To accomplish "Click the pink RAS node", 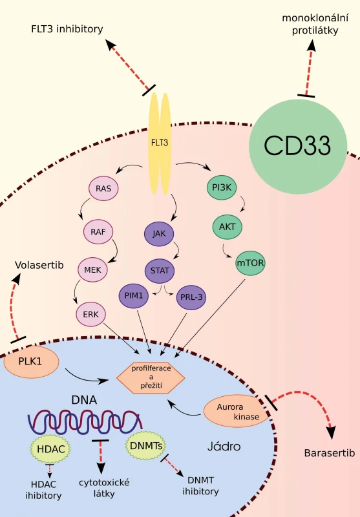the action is pyautogui.click(x=103, y=188).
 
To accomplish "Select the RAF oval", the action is pyautogui.click(x=98, y=231).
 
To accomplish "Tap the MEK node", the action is pyautogui.click(x=92, y=269).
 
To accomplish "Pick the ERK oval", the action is pyautogui.click(x=91, y=314).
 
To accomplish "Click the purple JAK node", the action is pyautogui.click(x=159, y=234).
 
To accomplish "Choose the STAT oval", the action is pyautogui.click(x=160, y=271).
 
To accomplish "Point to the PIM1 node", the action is pyautogui.click(x=134, y=296).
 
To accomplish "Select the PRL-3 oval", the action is pyautogui.click(x=191, y=297).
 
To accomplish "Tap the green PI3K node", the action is pyautogui.click(x=222, y=187).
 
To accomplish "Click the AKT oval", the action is pyautogui.click(x=227, y=227).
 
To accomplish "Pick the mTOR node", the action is pyautogui.click(x=251, y=263).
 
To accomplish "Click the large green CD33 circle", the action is pyautogui.click(x=298, y=145).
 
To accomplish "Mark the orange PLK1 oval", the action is pyautogui.click(x=31, y=362).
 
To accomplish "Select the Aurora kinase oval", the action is pyautogui.click(x=237, y=411).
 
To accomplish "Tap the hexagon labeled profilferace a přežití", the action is pyautogui.click(x=151, y=377).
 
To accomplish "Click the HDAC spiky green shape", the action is pyautogui.click(x=50, y=449).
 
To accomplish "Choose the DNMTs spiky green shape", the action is pyautogui.click(x=145, y=446).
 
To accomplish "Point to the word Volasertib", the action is pyautogui.click(x=39, y=265).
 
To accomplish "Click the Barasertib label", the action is pyautogui.click(x=330, y=453).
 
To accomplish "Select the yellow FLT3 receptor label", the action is pyautogui.click(x=160, y=143).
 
